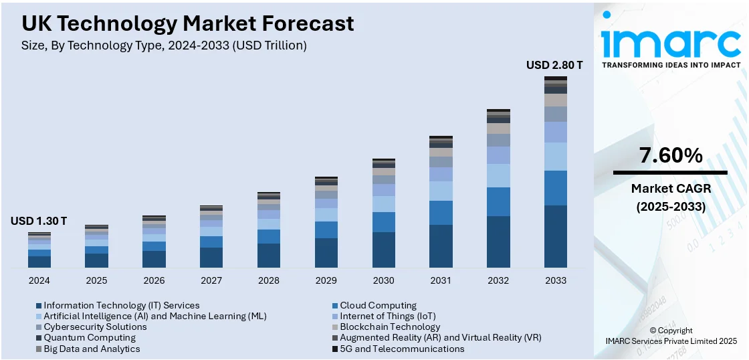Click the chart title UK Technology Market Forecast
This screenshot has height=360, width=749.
click(188, 24)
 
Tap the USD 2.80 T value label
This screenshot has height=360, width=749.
click(554, 66)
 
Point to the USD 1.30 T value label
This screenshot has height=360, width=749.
click(39, 221)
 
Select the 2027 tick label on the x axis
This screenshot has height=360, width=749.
click(211, 280)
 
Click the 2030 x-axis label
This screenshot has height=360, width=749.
click(384, 280)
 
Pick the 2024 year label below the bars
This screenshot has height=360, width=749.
click(39, 280)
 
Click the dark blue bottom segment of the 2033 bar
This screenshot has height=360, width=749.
click(556, 236)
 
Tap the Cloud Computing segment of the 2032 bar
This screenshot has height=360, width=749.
click(498, 201)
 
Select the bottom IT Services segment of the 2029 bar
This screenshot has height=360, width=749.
click(326, 253)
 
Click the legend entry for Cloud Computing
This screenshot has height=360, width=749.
click(378, 306)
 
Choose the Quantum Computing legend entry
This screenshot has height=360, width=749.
click(90, 338)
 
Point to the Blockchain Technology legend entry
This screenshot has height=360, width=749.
click(390, 327)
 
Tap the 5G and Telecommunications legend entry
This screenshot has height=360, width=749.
click(402, 349)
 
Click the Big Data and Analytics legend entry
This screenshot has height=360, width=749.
click(92, 349)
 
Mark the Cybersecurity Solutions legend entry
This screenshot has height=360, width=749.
click(95, 327)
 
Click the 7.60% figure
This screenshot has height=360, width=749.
click(671, 156)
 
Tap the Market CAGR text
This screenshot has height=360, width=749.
click(671, 189)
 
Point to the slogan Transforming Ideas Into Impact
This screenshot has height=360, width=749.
click(671, 66)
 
